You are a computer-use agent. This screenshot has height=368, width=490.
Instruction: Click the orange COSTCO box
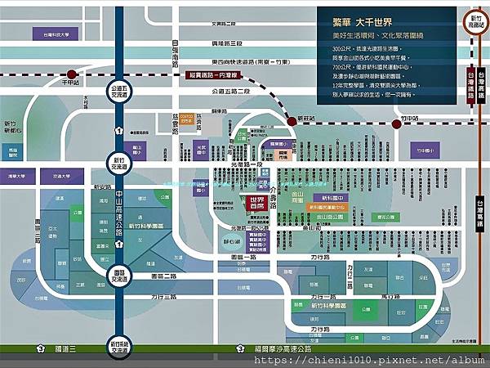pyautogui.click(x=188, y=118)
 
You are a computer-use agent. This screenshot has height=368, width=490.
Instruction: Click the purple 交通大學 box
pyautogui.click(x=59, y=176)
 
